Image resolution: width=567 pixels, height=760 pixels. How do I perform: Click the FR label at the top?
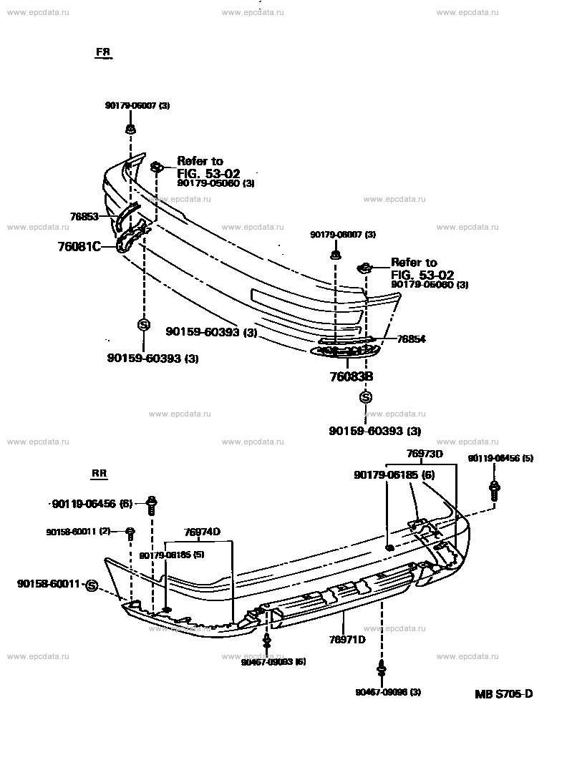[105, 53]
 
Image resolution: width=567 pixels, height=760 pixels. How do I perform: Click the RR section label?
[99, 474]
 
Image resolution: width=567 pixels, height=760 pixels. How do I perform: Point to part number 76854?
[411, 338]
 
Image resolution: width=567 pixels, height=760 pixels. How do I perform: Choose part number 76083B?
[351, 376]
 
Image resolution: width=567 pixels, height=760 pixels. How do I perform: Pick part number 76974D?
[201, 531]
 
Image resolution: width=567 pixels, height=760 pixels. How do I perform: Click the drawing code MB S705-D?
[504, 693]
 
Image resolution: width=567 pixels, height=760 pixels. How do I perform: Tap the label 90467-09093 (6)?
[274, 662]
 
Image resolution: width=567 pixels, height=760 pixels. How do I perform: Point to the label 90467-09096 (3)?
[388, 692]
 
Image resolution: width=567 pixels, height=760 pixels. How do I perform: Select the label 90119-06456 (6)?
[92, 504]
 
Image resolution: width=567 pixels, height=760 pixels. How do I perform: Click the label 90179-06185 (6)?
[394, 474]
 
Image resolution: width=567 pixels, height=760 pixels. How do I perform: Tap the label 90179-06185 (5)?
[173, 555]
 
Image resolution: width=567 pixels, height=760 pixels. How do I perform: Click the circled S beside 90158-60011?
[91, 586]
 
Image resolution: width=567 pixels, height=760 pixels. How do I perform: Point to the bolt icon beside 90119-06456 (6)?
[151, 505]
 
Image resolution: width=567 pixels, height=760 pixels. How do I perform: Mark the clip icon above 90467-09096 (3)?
[381, 671]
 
